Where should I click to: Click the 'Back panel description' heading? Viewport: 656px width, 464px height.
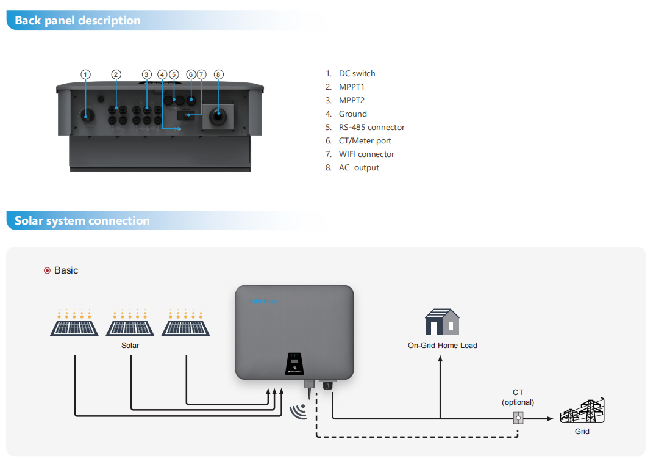77,21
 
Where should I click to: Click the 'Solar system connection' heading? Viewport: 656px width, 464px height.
82,221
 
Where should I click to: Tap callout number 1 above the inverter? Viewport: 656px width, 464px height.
86,74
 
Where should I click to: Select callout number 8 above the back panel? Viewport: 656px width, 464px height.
218,74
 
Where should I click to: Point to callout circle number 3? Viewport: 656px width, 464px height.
146,74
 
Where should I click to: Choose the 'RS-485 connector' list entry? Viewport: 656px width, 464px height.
371,128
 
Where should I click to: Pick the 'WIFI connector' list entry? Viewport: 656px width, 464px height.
366,154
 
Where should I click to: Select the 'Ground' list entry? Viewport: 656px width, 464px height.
353,114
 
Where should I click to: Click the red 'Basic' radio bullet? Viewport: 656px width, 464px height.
47,270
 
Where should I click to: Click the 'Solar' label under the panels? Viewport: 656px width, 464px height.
130,346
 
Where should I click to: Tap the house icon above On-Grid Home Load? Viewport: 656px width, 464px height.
442,322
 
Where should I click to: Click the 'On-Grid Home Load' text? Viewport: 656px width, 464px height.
442,346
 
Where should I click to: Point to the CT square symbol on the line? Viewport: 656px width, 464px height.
518,418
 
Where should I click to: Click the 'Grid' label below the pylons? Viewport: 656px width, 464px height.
582,432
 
